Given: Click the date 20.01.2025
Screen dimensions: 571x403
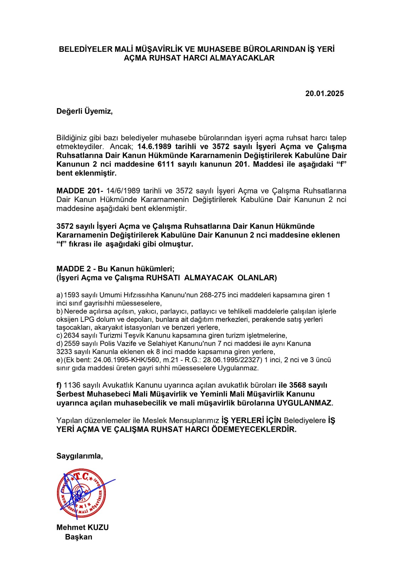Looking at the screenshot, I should click(324, 94).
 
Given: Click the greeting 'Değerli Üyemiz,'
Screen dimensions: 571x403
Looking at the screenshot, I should click(84, 111).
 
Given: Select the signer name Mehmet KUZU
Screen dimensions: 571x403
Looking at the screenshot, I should click(82, 527).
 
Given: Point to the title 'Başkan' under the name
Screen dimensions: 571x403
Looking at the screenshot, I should click(78, 537).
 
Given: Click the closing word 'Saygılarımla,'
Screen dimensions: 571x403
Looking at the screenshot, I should click(79, 456).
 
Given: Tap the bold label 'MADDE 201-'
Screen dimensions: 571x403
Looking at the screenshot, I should click(80, 191).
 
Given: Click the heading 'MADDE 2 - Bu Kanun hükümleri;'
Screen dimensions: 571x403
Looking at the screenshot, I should click(115, 269).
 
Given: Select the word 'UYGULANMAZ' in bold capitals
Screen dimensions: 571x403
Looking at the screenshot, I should click(304, 403).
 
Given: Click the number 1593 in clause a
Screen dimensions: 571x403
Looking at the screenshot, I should click(72, 295).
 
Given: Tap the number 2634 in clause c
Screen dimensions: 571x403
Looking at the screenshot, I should click(72, 335).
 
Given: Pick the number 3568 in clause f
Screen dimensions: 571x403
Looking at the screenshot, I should click(297, 385).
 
